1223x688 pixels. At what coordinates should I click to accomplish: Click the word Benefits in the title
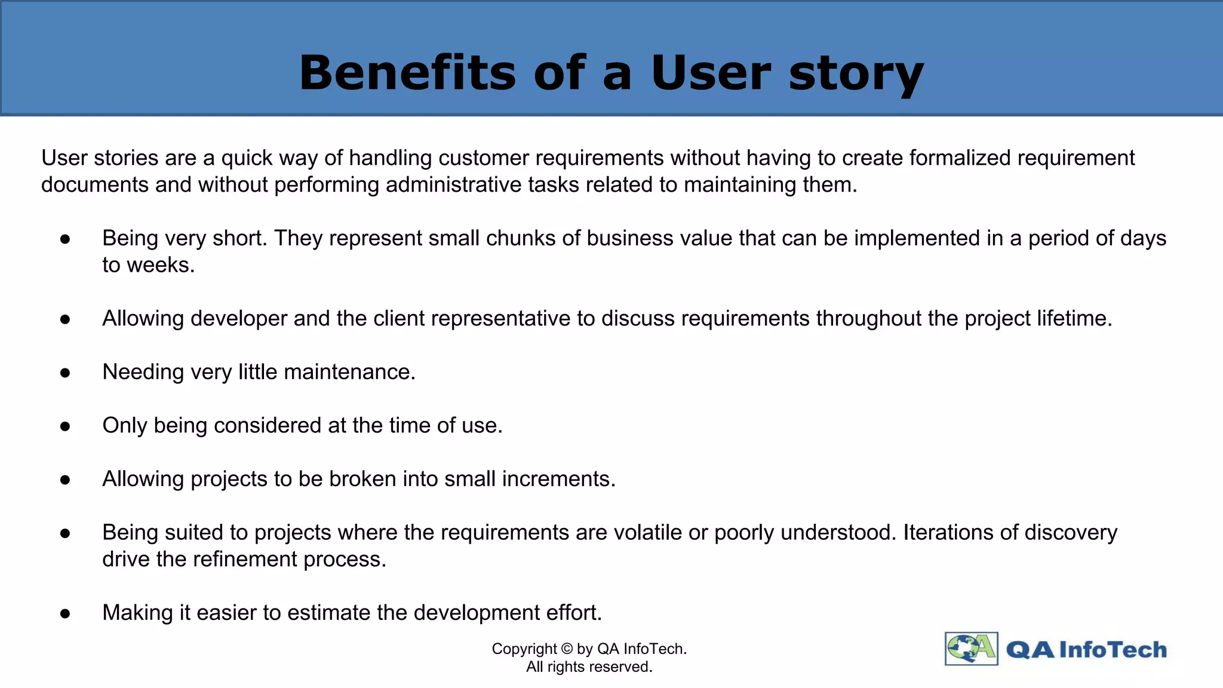pyautogui.click(x=407, y=73)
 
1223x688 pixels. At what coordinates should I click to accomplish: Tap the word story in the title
pyautogui.click(x=856, y=74)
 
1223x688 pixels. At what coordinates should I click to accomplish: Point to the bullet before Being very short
pyautogui.click(x=66, y=239)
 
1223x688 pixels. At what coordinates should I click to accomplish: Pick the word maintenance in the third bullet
pyautogui.click(x=349, y=372)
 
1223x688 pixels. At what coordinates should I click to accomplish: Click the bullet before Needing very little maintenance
pyautogui.click(x=66, y=373)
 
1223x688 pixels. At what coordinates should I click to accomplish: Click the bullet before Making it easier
pyautogui.click(x=66, y=614)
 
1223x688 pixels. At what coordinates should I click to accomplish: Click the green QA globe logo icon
pyautogui.click(x=971, y=649)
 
